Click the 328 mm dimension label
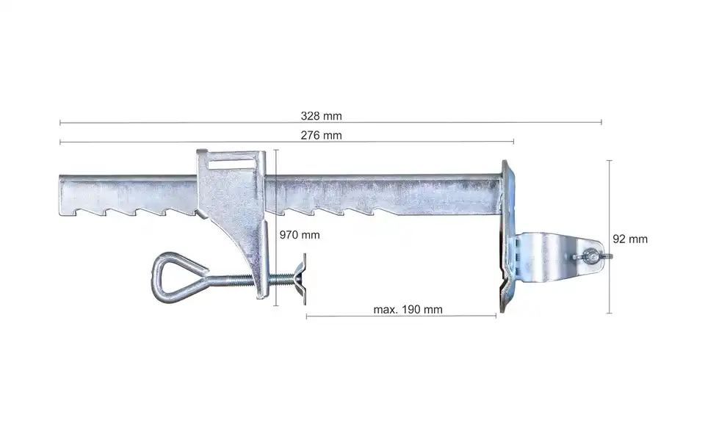(x=321, y=116)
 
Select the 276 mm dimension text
(x=321, y=135)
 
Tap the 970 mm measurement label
(x=300, y=235)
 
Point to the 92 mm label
(x=630, y=239)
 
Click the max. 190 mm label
(x=408, y=310)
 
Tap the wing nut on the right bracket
(x=593, y=257)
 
